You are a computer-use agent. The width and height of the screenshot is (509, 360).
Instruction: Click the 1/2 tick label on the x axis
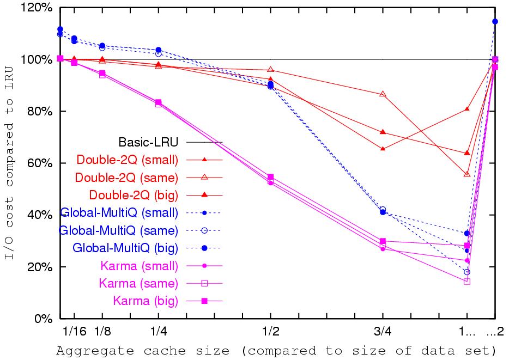click(270, 332)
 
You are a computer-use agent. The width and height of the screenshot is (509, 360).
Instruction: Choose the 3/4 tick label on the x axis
click(383, 332)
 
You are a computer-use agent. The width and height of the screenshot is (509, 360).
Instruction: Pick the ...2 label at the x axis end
click(495, 332)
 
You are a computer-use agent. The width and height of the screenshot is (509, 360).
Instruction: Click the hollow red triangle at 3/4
click(383, 94)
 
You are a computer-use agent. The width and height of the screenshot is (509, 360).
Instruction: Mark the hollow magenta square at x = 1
click(466, 282)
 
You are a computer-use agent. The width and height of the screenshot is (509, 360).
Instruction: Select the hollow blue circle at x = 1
click(466, 272)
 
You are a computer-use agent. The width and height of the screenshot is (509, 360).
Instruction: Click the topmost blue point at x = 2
click(495, 21)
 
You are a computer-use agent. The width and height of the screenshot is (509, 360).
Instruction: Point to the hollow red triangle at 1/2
click(270, 70)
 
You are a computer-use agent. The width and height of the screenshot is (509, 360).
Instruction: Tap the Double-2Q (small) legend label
click(128, 160)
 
